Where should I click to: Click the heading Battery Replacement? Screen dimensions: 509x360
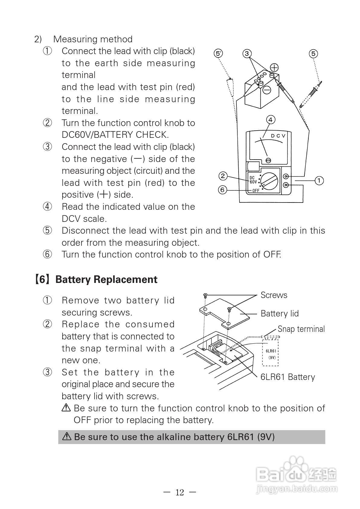[106, 280]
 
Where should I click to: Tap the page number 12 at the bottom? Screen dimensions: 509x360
[180, 492]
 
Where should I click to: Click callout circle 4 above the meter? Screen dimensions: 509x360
[271, 120]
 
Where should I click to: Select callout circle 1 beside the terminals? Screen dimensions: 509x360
[319, 180]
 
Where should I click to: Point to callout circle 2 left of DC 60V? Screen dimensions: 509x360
[223, 176]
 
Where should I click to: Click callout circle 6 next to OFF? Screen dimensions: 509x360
[223, 190]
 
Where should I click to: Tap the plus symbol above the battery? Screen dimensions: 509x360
[274, 67]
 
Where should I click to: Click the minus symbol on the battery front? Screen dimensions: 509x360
[267, 90]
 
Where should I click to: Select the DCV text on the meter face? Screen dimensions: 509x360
[278, 136]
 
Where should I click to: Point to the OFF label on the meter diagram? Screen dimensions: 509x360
[256, 191]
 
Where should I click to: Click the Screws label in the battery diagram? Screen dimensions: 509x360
[274, 295]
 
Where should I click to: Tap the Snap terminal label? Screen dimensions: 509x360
[301, 329]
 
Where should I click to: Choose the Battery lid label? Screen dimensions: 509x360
[279, 313]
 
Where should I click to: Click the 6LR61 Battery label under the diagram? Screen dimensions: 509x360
[288, 377]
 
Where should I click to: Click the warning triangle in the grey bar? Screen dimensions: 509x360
[66, 436]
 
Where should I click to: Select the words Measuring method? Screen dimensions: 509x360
[93, 39]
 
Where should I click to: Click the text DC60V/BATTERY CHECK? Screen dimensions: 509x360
[115, 135]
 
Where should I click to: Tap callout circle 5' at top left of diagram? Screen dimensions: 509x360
[218, 53]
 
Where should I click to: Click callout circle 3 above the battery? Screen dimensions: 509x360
[247, 54]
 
